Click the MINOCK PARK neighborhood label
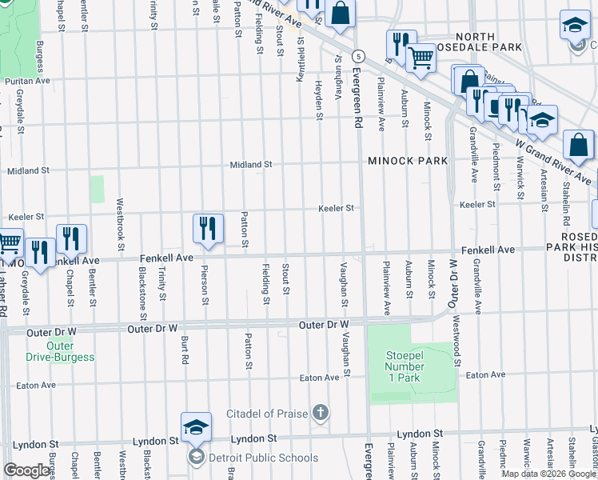tap(408, 161)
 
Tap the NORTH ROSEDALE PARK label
tap(488, 42)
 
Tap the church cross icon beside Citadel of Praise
tap(320, 413)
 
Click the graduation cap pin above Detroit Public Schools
tap(196, 427)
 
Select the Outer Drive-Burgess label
tap(70, 352)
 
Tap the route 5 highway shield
tap(361, 56)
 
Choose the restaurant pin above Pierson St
tap(207, 228)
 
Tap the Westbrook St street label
tap(120, 224)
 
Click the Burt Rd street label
tap(184, 350)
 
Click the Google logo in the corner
tap(26, 470)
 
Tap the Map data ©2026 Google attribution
tap(548, 474)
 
